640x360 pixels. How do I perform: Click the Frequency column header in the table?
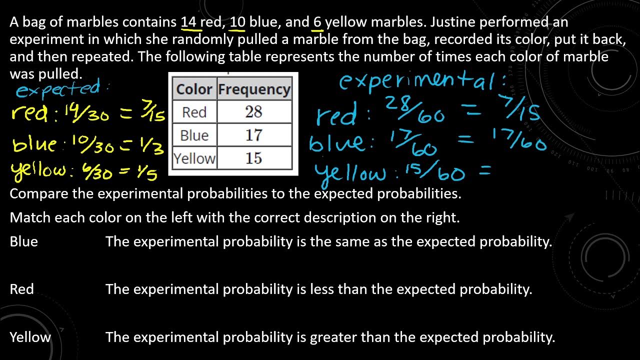tap(254, 89)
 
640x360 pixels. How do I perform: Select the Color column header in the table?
tap(194, 89)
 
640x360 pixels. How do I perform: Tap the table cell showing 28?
tap(253, 112)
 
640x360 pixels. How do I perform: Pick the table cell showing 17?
tap(253, 135)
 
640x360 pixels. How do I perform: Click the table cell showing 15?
tap(253, 158)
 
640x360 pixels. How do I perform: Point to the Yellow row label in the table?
tap(194, 158)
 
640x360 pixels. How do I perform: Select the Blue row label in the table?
tap(194, 135)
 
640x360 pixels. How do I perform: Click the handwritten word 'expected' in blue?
tap(59, 89)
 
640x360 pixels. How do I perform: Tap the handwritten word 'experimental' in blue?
tap(422, 80)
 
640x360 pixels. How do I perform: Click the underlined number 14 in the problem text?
tap(188, 22)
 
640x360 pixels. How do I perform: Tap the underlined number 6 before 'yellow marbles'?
tap(317, 22)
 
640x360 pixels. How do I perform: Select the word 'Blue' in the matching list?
tap(23, 241)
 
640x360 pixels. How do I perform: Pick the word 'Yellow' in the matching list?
tap(30, 337)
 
